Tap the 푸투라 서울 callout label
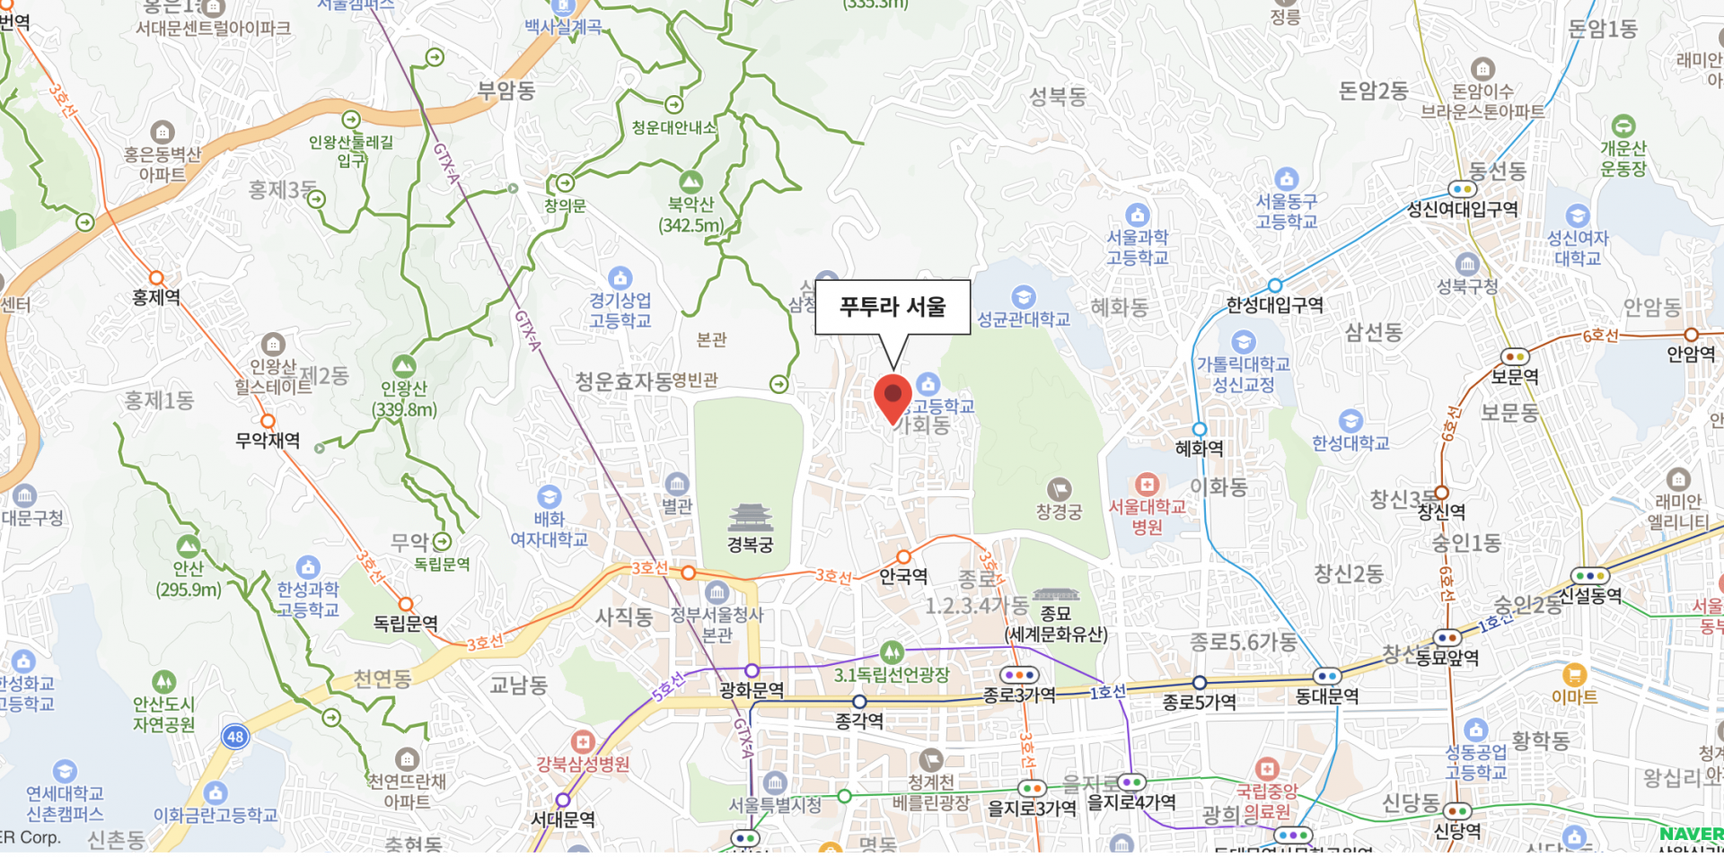point(893,307)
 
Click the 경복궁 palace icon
point(750,518)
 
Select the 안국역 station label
point(902,576)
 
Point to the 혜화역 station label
point(1199,448)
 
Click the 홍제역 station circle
point(156,278)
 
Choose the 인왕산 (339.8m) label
point(404,399)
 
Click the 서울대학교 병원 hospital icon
point(1147,484)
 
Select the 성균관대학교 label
point(1024,319)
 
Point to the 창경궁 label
point(1060,512)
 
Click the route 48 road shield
point(235,737)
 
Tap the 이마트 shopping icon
point(1574,674)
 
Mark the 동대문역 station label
point(1327,696)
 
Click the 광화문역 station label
point(752,690)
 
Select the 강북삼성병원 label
point(583,765)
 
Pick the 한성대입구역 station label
point(1275,305)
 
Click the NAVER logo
point(1691,834)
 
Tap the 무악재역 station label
point(268,441)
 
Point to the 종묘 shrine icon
point(1056,595)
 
